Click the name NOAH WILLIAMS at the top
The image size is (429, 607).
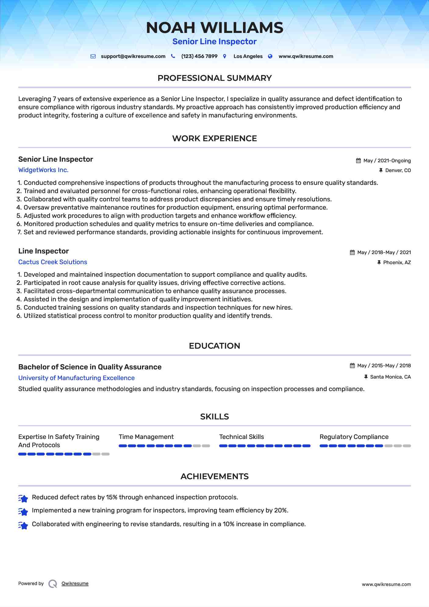[214, 28]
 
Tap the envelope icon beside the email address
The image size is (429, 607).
[93, 56]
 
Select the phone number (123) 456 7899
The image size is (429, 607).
[199, 56]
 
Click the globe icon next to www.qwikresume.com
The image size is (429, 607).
[270, 56]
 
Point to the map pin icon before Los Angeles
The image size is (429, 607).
[225, 56]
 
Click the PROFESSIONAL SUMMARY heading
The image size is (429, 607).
[214, 78]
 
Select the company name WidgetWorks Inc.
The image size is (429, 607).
[43, 170]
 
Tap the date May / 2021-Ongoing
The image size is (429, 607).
[387, 161]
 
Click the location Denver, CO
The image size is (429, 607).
[398, 171]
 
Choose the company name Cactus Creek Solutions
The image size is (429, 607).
[52, 262]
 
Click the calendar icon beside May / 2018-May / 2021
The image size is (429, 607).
[352, 253]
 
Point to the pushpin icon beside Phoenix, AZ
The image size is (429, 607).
[379, 262]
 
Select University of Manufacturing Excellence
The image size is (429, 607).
[76, 378]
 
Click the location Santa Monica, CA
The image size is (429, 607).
[390, 377]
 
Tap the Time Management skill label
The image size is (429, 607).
[146, 437]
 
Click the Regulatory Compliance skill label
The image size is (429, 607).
[354, 437]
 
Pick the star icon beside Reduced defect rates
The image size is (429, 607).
[23, 498]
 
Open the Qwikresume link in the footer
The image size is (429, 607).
[75, 584]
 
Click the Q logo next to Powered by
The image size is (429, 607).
[53, 584]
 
